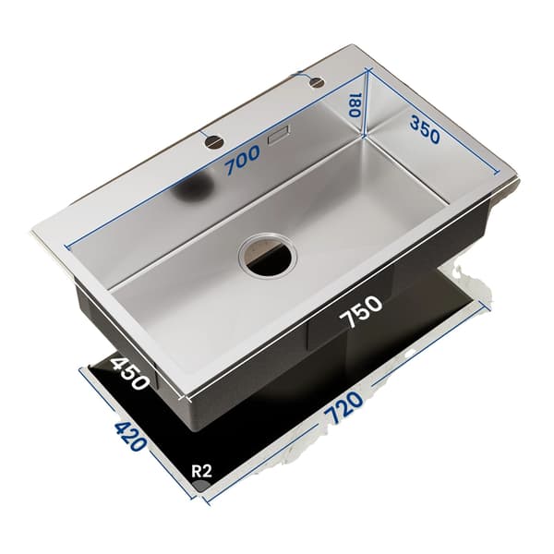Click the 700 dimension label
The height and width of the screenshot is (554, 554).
click(243, 161)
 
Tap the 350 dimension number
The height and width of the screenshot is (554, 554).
click(425, 130)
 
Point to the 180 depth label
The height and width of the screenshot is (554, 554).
click(354, 105)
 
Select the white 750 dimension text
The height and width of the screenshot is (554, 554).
click(361, 312)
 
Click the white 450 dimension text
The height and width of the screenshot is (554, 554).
click(129, 373)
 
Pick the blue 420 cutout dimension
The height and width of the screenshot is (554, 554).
click(130, 437)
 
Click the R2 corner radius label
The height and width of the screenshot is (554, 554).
click(201, 471)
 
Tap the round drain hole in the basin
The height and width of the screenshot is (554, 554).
click(267, 256)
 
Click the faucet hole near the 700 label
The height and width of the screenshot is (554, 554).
click(214, 142)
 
